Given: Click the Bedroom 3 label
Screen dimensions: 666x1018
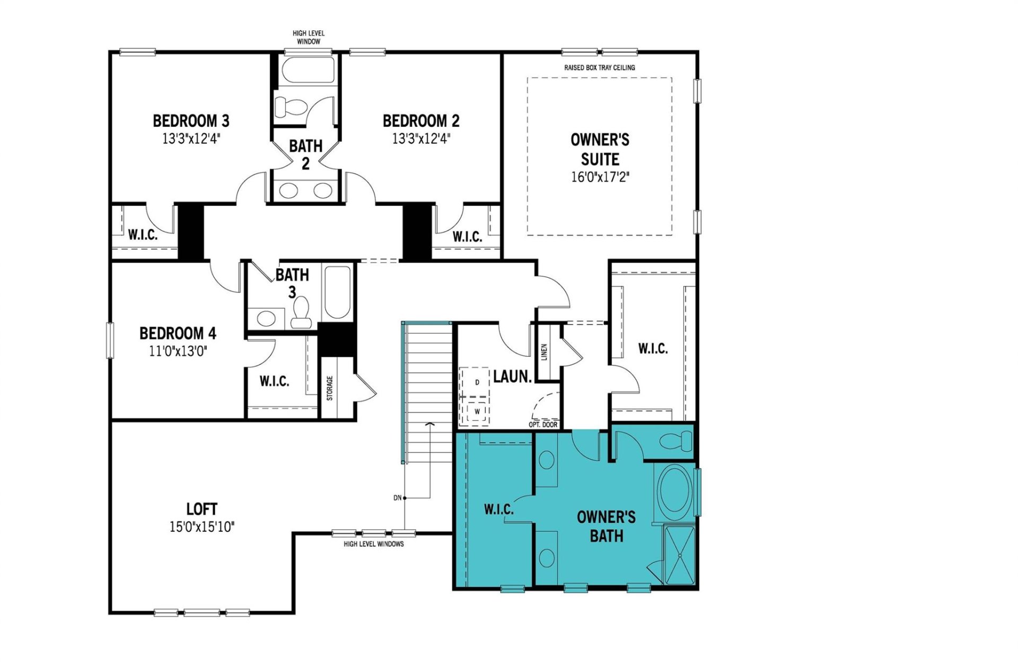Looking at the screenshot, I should [x=191, y=121].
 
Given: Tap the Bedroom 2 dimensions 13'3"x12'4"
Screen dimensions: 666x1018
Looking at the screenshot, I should [x=421, y=139].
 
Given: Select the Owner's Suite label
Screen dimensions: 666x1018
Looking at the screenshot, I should [x=600, y=150].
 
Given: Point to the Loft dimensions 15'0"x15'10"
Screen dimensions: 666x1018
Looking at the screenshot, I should [x=201, y=527].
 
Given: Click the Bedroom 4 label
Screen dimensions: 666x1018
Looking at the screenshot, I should [x=178, y=334].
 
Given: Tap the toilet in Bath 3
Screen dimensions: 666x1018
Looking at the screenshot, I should [x=301, y=313].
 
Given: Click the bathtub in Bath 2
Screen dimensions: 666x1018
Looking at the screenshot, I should [x=308, y=71].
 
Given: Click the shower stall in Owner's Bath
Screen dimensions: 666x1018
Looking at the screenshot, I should [x=679, y=555].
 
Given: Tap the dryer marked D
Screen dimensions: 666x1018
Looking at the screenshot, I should [x=477, y=382].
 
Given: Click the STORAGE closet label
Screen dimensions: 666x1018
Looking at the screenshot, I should [x=330, y=388].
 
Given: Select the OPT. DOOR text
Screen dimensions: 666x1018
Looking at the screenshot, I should [x=543, y=425].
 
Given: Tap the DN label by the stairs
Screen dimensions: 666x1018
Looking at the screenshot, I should [x=397, y=498].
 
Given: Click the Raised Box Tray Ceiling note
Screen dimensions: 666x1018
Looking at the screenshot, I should [x=599, y=68].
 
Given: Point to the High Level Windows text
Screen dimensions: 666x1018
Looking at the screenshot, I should [x=373, y=544].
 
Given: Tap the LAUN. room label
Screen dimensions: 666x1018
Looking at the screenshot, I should [x=512, y=377].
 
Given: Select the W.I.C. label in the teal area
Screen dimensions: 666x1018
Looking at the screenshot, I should [x=498, y=510].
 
